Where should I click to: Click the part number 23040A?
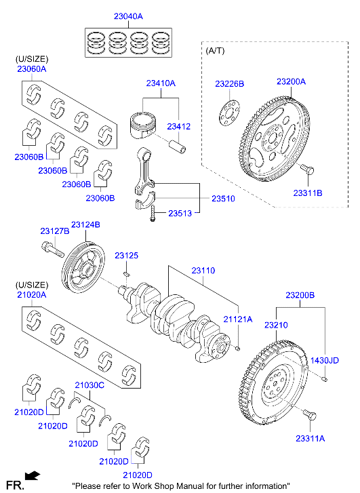coord(128,16)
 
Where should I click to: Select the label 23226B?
coord(230,84)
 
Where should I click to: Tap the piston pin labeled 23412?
coord(178,147)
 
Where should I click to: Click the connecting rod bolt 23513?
coord(153,214)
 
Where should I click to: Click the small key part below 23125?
coord(126,273)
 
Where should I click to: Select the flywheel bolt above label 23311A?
coord(310,415)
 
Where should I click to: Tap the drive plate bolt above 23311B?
coord(307,169)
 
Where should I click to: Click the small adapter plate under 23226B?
coord(229,113)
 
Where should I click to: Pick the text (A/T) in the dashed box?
coord(215,50)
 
